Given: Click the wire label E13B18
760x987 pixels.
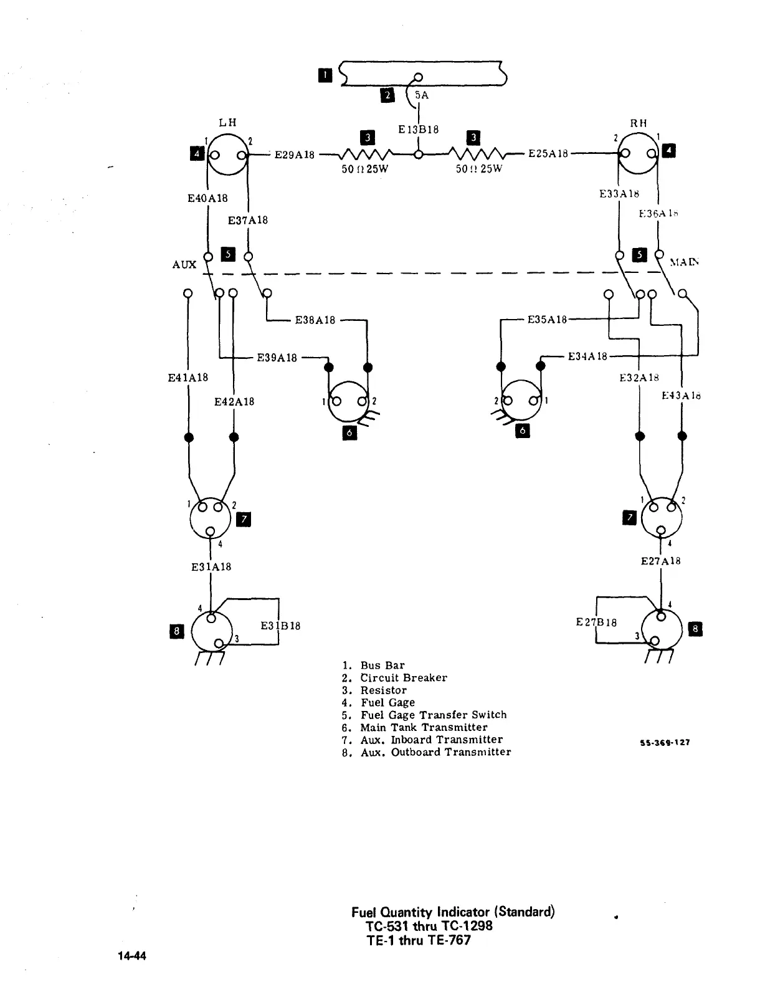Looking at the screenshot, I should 419,130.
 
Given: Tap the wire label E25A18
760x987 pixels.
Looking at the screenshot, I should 548,154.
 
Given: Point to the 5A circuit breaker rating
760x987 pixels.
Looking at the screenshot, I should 422,95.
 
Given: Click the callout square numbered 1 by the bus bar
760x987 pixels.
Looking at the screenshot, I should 325,75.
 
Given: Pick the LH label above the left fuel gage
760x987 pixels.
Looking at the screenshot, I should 227,122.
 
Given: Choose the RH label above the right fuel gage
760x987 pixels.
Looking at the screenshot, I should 639,123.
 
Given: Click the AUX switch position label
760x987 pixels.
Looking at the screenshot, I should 184,265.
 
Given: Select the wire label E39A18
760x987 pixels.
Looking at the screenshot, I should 277,358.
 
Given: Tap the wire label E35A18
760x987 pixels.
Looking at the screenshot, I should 548,320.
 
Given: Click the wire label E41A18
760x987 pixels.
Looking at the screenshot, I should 188,378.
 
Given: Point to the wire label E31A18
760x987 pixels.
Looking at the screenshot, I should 211,567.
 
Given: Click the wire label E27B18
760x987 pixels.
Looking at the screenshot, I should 596,622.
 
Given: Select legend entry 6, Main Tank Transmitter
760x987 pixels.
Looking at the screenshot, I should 415,727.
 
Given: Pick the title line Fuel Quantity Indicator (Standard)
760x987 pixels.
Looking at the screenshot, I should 453,912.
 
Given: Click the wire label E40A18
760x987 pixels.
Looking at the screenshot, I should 207,198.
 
